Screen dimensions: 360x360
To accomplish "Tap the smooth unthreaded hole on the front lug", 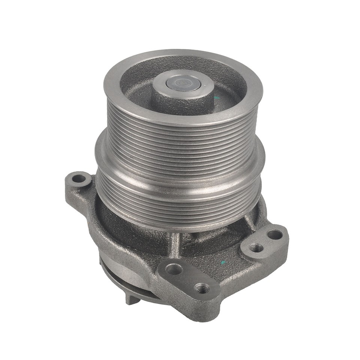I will [x=174, y=269].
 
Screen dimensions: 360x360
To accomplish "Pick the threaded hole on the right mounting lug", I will [x=256, y=248].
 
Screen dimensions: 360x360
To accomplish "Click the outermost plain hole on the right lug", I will [x=275, y=235].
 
